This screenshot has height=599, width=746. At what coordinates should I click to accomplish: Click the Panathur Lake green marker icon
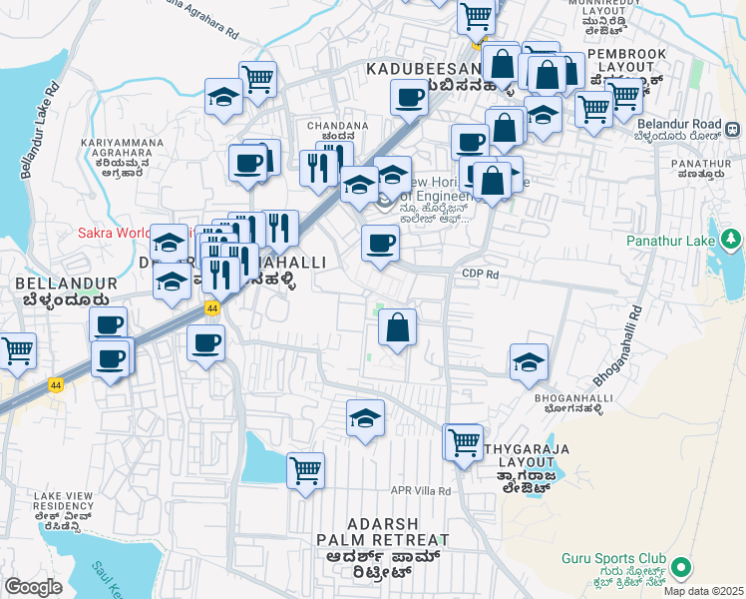732,240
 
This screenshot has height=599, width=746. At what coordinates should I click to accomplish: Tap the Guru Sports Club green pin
682,568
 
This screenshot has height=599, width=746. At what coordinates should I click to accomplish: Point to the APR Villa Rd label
421,490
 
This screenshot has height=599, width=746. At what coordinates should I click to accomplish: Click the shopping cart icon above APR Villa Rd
305,469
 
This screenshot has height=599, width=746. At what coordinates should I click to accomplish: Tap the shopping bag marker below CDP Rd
397,326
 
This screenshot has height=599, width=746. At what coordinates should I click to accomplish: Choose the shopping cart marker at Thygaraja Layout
464,440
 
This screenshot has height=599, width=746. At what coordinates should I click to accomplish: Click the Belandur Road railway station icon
733,129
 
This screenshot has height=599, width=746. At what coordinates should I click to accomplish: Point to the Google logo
33,587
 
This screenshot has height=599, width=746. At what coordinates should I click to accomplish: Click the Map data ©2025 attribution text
703,591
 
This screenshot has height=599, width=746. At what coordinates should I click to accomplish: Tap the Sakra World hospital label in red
115,233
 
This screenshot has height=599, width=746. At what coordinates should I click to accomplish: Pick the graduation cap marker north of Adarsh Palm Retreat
366,416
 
